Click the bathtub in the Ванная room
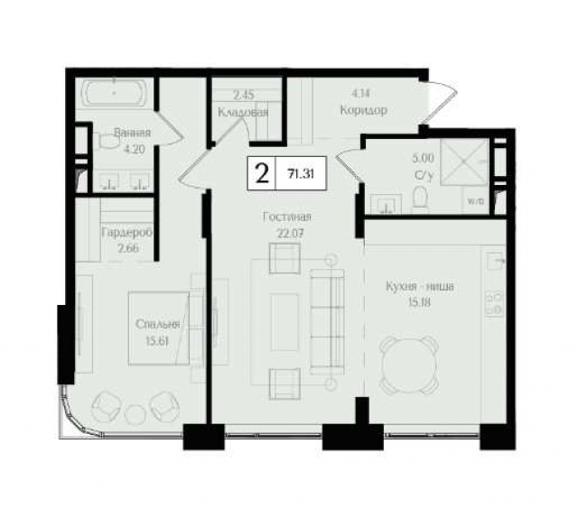coord(115,92)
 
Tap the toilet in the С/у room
coord(420,197)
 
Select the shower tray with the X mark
coord(464,162)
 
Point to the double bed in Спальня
coord(159,328)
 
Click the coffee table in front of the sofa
coord(284,322)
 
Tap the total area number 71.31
coord(301,174)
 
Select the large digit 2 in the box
coord(262,173)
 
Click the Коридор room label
coord(363,110)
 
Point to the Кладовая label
coord(243,112)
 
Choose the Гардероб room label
coord(126,233)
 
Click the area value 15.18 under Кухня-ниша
coord(419,302)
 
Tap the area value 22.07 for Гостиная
coord(290,233)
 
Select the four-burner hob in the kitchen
coord(495,304)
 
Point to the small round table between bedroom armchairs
coord(135,414)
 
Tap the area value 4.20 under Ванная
coord(133,149)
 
